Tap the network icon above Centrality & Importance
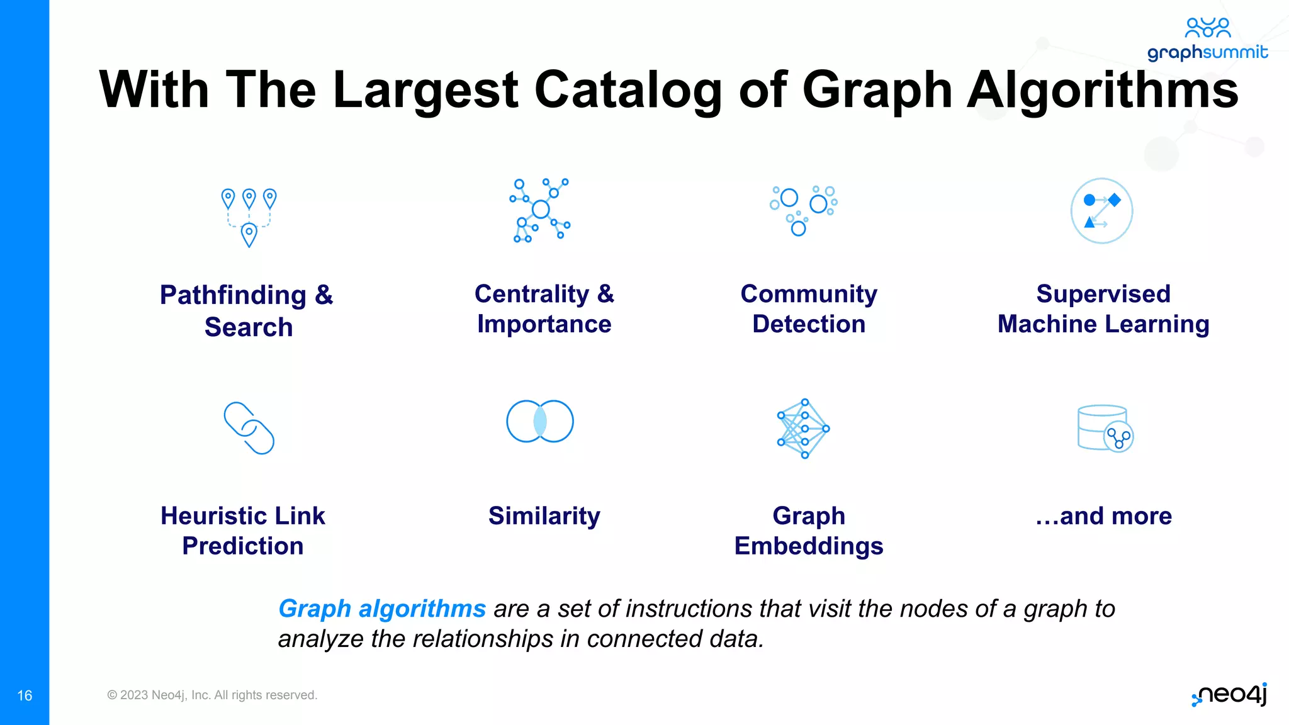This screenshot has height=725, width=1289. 540,210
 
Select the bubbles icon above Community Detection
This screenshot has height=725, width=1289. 803,210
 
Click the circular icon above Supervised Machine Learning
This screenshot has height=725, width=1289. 1101,211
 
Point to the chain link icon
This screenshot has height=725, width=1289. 249,428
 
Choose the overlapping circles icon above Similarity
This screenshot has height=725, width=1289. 540,421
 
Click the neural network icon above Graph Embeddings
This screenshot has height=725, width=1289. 804,429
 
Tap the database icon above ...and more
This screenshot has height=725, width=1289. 1105,429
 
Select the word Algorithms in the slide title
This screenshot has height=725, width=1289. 1102,90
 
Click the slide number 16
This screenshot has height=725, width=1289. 25,695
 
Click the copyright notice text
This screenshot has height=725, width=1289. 212,695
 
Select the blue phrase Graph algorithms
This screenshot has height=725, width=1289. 382,609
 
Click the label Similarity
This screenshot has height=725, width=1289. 544,516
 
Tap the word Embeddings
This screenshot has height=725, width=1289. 809,546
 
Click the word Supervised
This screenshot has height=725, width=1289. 1103,294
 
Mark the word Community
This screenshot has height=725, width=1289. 809,294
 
